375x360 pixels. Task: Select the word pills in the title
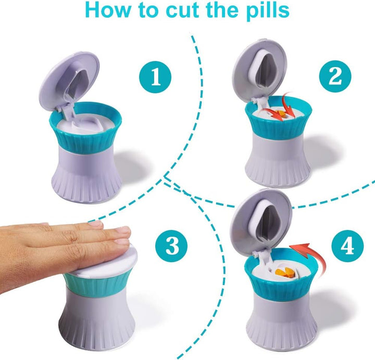pos(265,10)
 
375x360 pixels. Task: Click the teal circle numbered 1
pos(155,77)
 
